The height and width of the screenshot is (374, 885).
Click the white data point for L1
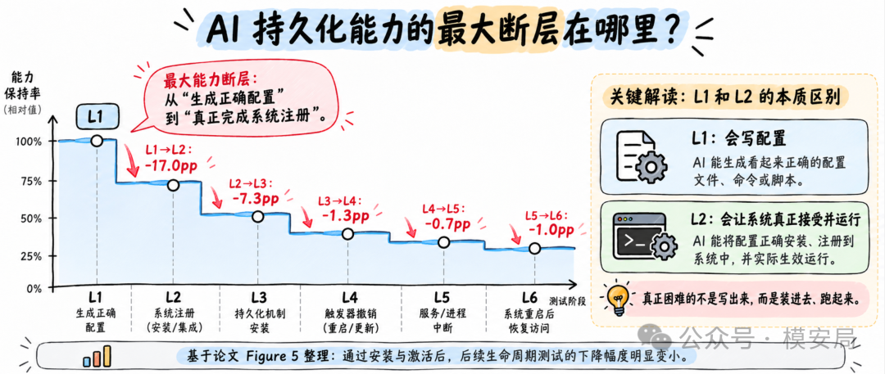(x=97, y=141)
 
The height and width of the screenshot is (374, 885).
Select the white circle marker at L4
(x=347, y=233)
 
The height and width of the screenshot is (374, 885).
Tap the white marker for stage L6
(x=534, y=248)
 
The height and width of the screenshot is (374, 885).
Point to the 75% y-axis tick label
(x=29, y=181)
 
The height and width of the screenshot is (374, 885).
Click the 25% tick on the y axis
(x=29, y=256)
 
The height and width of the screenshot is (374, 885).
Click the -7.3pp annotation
(x=256, y=199)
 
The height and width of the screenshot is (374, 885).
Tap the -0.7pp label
(x=447, y=224)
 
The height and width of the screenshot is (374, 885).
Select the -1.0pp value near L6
(x=551, y=230)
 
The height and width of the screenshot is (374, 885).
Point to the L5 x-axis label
(x=443, y=297)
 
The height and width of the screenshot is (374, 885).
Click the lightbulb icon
(x=618, y=297)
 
